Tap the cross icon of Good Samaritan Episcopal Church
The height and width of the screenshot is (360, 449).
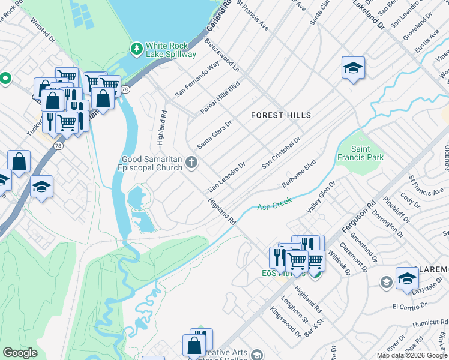coord(191,162)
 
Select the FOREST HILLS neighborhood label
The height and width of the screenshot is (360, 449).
coord(281,115)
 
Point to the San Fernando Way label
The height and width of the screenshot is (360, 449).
coord(197,78)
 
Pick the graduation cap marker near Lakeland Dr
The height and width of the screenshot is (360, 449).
coord(354,68)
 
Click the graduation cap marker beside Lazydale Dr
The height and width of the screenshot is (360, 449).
coord(407,278)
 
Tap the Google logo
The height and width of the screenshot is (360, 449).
coord(20,352)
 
